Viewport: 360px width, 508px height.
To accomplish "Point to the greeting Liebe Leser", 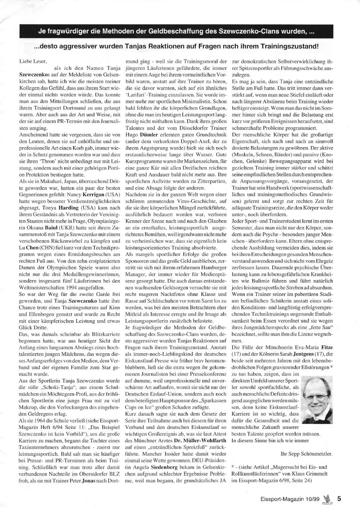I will tap(33, 61).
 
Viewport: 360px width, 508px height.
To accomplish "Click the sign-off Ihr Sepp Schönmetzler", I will tap(306, 454).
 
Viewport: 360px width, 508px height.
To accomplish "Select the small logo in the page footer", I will tap(327, 499).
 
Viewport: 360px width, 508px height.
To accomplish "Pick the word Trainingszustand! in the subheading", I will tap(287, 47).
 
